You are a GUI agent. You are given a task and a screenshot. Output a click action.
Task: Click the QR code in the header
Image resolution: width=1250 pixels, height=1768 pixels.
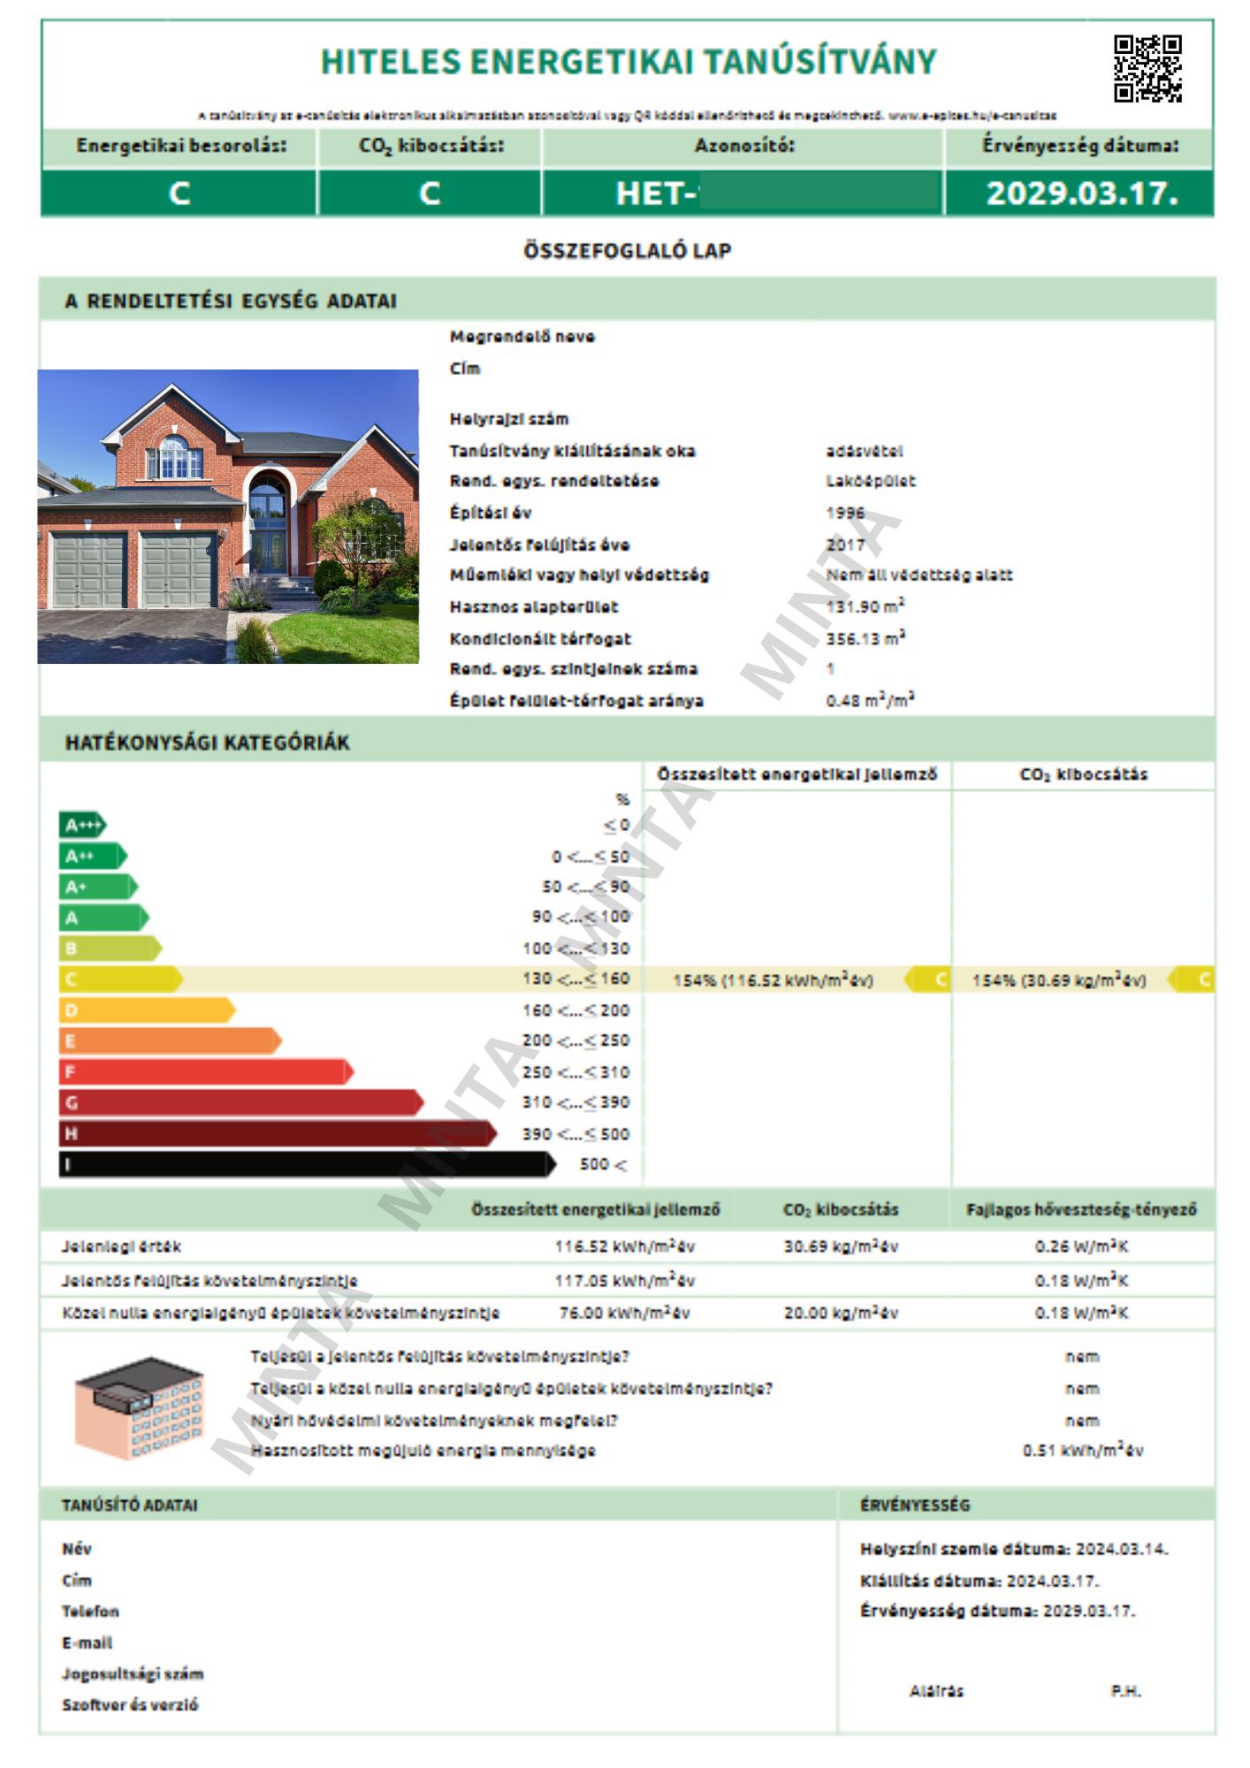pyautogui.click(x=1147, y=69)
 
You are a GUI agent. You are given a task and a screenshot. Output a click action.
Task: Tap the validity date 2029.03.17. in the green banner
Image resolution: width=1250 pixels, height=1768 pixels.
pyautogui.click(x=1081, y=194)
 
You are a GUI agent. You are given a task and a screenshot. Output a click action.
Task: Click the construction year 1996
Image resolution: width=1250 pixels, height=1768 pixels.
pyautogui.click(x=846, y=513)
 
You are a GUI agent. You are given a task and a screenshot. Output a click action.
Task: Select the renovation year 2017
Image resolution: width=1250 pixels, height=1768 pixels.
pyautogui.click(x=846, y=545)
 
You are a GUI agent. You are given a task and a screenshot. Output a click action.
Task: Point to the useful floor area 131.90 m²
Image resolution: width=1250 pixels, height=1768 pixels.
pyautogui.click(x=865, y=606)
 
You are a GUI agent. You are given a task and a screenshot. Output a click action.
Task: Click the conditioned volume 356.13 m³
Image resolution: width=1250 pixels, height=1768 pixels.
pyautogui.click(x=865, y=638)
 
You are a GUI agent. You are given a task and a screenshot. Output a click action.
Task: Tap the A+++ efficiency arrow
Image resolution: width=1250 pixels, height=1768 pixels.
pyautogui.click(x=82, y=826)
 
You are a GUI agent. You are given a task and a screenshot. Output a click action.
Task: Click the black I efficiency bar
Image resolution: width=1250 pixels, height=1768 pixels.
pyautogui.click(x=306, y=1164)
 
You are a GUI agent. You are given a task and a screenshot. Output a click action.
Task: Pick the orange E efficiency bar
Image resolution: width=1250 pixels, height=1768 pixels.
pyautogui.click(x=169, y=1041)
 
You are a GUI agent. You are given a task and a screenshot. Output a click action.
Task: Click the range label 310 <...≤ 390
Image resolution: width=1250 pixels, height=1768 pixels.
pyautogui.click(x=575, y=1102)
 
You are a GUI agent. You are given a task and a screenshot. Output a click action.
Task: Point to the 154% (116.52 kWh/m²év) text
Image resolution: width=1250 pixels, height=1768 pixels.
pyautogui.click(x=773, y=980)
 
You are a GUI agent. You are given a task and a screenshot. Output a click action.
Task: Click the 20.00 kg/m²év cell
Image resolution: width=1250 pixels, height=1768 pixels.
pyautogui.click(x=840, y=1314)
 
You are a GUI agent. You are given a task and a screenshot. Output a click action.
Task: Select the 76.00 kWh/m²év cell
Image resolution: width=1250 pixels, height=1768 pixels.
pyautogui.click(x=624, y=1314)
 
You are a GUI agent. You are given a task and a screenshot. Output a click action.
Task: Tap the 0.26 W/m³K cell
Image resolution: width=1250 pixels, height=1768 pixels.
pyautogui.click(x=1081, y=1247)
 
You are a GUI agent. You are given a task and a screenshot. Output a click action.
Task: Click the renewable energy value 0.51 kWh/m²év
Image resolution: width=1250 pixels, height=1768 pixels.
pyautogui.click(x=1082, y=1451)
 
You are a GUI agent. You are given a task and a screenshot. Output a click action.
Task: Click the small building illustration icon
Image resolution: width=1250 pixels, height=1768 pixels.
pyautogui.click(x=139, y=1407)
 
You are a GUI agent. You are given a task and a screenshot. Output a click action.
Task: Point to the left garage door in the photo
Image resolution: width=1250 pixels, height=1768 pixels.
pyautogui.click(x=89, y=570)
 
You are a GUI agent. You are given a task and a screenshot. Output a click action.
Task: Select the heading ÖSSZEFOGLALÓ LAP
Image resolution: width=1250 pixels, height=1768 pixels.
pyautogui.click(x=627, y=251)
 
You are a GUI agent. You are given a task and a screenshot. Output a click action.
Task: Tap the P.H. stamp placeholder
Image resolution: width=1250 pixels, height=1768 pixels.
pyautogui.click(x=1125, y=1691)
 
